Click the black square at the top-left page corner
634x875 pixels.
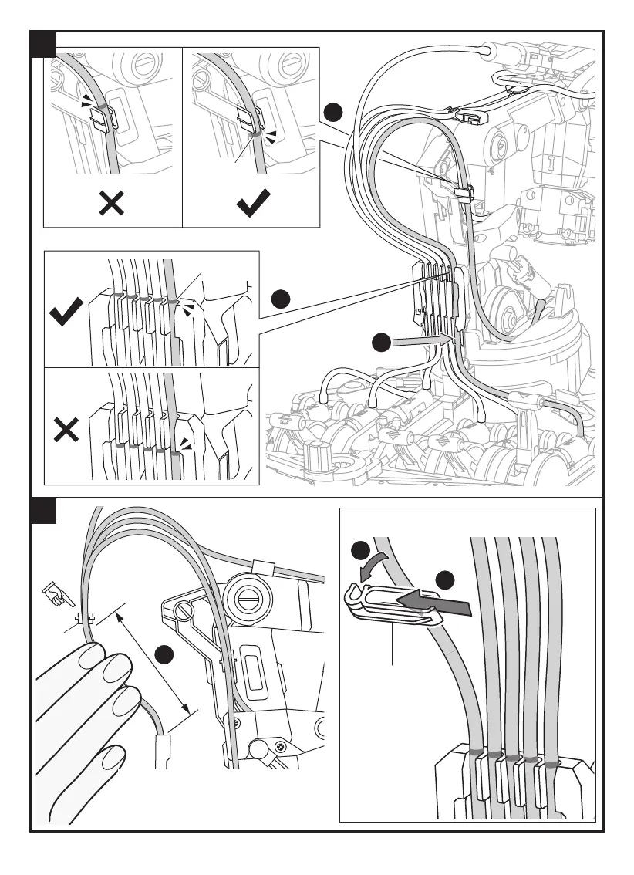tap(42, 43)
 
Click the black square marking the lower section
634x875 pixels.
tap(42, 510)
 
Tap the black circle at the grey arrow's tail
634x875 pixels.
tap(381, 343)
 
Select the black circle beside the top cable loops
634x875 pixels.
tap(332, 113)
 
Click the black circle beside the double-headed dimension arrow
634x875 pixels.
tap(163, 656)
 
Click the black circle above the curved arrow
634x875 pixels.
tap(360, 551)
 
